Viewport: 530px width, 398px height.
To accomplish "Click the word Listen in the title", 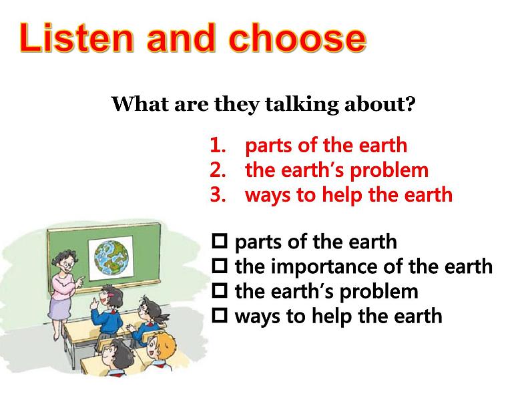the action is (x=77, y=37).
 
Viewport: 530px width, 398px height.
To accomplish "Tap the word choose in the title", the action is (x=297, y=37).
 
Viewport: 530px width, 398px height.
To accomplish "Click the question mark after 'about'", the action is (x=410, y=104).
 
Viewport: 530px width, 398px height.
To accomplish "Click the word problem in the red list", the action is (x=388, y=171).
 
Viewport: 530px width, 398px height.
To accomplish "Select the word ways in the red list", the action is (x=268, y=196).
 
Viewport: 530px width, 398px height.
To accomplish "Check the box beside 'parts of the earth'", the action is (x=220, y=241).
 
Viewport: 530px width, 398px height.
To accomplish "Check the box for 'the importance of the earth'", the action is (x=220, y=266).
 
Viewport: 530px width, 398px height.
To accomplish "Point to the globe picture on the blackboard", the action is (x=111, y=258).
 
